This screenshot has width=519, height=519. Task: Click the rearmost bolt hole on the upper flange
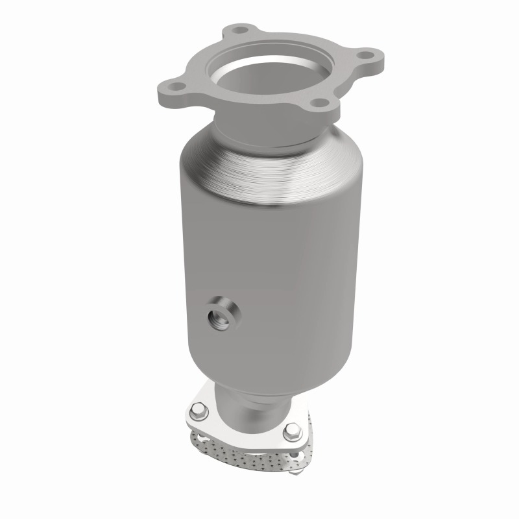coord(241,29)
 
